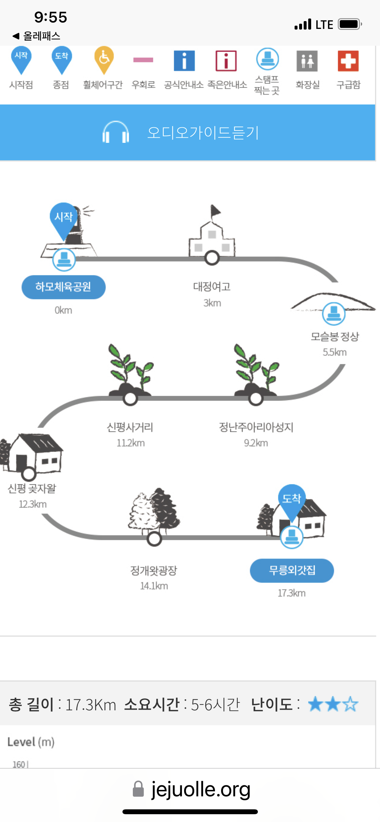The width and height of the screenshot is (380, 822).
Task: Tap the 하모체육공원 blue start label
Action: tap(63, 287)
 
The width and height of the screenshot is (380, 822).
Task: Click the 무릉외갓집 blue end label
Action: tap(292, 570)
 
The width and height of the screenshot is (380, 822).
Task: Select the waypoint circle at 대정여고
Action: tap(212, 258)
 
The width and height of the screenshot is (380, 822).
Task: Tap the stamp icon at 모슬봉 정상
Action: tap(334, 313)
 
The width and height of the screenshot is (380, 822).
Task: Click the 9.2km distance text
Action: tap(256, 443)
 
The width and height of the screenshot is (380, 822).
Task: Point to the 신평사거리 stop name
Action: tap(130, 427)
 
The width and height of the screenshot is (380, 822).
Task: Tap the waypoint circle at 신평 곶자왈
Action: tap(29, 474)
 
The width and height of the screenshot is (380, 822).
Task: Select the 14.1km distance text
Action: tap(154, 586)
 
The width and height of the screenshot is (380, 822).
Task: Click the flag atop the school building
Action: tap(215, 212)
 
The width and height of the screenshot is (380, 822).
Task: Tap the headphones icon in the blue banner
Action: tap(116, 132)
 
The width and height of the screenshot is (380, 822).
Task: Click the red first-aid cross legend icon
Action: tap(348, 61)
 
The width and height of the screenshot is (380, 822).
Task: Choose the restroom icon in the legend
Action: tap(307, 61)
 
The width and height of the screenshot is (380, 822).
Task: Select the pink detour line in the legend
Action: tap(143, 60)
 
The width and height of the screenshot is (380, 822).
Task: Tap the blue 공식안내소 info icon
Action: tap(184, 61)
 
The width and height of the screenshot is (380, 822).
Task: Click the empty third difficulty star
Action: tap(351, 704)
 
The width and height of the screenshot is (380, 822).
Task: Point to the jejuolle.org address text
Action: tap(201, 789)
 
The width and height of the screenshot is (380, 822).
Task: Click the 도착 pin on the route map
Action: tap(291, 500)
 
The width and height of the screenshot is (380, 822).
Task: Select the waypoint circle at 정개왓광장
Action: tap(154, 539)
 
